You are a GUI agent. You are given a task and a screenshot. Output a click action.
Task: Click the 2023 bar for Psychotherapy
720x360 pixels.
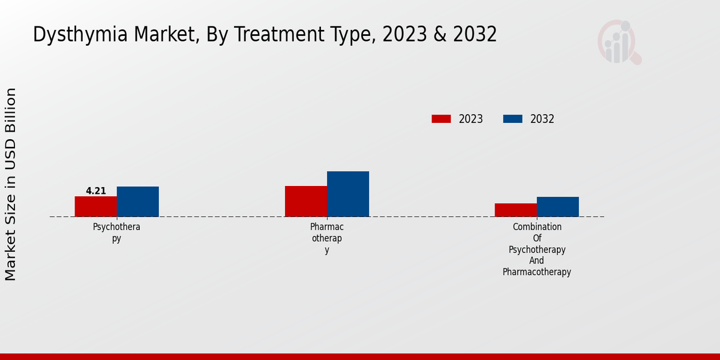pos(95,206)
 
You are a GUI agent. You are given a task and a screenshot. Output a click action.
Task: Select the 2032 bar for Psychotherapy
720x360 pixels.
pos(137,202)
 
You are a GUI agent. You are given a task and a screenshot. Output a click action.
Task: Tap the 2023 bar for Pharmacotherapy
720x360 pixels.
pos(305,201)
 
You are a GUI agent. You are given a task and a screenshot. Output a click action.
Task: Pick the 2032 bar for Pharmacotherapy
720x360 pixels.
pos(347,194)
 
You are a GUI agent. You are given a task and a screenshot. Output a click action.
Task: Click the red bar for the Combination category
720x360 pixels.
pos(515,210)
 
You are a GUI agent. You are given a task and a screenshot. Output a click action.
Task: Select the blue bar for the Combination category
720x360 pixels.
pos(557,206)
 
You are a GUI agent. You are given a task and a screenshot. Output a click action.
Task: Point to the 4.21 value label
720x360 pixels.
pos(96,191)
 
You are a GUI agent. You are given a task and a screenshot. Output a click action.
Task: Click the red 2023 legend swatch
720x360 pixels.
pos(441,119)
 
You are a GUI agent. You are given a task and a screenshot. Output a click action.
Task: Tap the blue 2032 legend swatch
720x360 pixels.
pos(512,119)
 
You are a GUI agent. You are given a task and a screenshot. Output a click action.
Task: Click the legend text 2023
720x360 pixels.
pos(470,119)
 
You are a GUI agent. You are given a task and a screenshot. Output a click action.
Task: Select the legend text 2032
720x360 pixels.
pos(542,119)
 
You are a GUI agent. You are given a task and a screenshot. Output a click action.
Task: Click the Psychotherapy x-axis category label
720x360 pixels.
pos(116,232)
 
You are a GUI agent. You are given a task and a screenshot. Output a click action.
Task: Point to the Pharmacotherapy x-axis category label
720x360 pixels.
pos(327,238)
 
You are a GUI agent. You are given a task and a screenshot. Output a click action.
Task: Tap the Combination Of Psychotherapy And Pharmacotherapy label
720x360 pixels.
pos(537,250)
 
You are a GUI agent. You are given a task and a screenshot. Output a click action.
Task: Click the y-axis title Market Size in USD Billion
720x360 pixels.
pos(11,184)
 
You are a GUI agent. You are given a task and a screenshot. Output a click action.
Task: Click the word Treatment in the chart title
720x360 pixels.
pos(270,35)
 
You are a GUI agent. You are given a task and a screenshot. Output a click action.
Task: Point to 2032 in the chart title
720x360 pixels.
pos(475,35)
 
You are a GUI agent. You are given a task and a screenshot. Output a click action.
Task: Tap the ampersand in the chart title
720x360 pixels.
pos(440,35)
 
